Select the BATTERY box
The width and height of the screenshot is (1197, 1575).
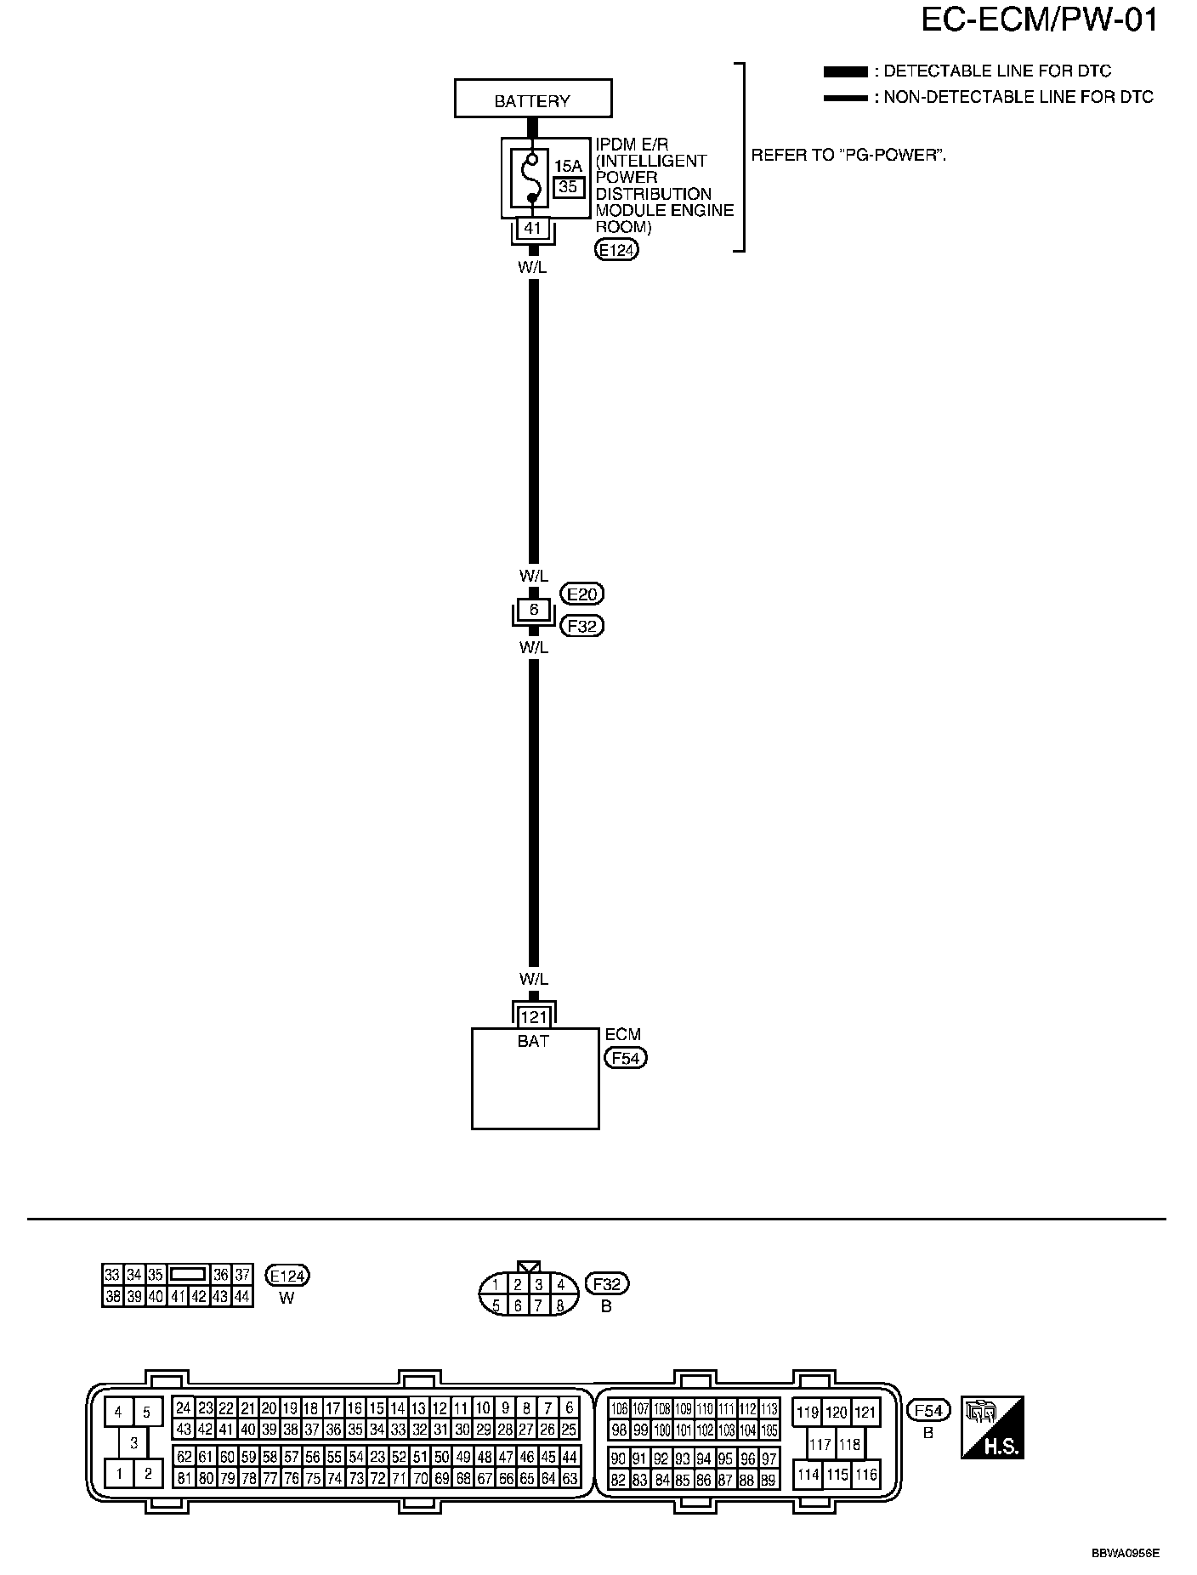pyautogui.click(x=532, y=100)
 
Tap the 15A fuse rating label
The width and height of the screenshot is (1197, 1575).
pyautogui.click(x=568, y=166)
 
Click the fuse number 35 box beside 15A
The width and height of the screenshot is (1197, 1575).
pyautogui.click(x=568, y=186)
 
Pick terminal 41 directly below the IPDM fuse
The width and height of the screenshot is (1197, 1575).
pyautogui.click(x=533, y=228)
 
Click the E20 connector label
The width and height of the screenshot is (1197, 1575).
pyautogui.click(x=582, y=594)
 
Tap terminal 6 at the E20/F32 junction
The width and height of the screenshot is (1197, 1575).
pyautogui.click(x=533, y=610)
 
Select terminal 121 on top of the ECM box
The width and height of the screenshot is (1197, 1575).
pyautogui.click(x=533, y=1017)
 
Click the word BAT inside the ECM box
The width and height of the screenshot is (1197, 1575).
pyautogui.click(x=533, y=1041)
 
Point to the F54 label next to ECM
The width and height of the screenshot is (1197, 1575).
pyautogui.click(x=625, y=1058)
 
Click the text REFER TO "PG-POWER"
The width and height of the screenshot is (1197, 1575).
pyautogui.click(x=848, y=156)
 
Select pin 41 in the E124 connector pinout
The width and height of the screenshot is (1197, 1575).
pyautogui.click(x=177, y=1297)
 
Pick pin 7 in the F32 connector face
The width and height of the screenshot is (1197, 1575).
pyautogui.click(x=539, y=1305)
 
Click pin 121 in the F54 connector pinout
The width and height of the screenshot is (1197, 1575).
pyautogui.click(x=865, y=1413)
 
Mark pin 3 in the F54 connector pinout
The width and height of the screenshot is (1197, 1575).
pyautogui.click(x=133, y=1443)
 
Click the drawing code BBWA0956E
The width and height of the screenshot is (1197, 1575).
pyautogui.click(x=1126, y=1553)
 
